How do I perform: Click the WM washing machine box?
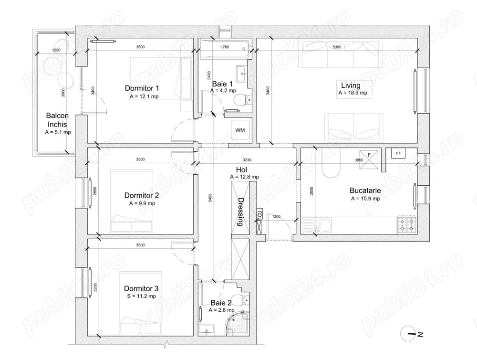click(x=240, y=130)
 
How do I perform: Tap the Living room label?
click(x=350, y=85)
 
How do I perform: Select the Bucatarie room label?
click(x=365, y=191)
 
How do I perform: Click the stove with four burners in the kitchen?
click(x=407, y=224)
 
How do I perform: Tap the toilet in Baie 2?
click(x=245, y=299)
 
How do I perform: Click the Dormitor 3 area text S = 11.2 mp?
click(x=142, y=296)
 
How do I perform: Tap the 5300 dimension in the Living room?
click(x=336, y=47)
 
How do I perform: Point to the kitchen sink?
click(x=319, y=224)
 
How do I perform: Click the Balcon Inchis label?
click(x=57, y=120)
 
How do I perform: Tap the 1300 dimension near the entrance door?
click(x=276, y=217)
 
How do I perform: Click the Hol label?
click(x=241, y=170)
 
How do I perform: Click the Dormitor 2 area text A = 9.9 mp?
click(x=142, y=203)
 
